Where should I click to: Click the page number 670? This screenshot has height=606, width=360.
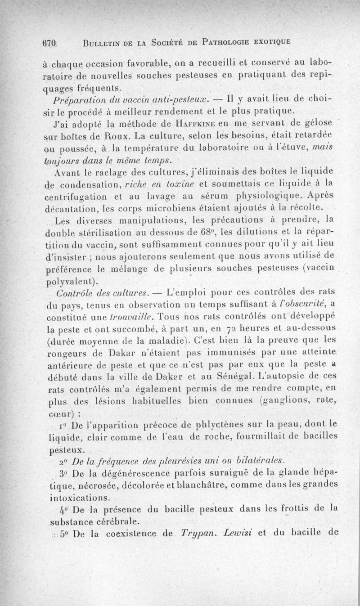(48, 44)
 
